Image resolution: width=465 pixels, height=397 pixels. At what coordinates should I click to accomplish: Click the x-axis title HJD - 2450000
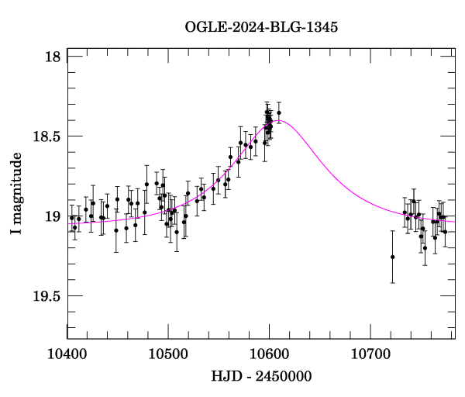[261, 377]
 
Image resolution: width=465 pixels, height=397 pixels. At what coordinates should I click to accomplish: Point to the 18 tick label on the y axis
[52, 57]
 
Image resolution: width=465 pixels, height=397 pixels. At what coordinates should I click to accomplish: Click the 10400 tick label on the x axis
[68, 354]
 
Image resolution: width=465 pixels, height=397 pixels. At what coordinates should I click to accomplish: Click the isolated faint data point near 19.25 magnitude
[393, 257]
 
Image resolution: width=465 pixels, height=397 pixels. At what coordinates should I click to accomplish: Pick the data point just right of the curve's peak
[279, 112]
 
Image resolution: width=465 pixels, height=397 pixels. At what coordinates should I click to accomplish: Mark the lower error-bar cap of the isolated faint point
[393, 283]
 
